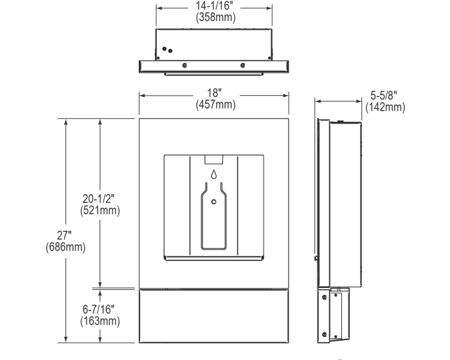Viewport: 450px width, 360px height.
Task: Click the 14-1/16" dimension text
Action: tap(214, 6)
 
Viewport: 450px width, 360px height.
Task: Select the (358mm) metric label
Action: tap(215, 17)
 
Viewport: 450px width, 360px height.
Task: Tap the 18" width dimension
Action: tap(214, 93)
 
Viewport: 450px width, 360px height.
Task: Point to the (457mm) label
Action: tap(215, 105)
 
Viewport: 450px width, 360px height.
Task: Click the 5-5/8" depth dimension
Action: tap(384, 96)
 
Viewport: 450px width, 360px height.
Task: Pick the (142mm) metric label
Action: tap(385, 107)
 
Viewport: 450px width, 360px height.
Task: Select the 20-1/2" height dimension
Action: tap(98, 199)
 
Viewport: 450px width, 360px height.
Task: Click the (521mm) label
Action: tap(100, 210)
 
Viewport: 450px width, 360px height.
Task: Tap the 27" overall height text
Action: tap(64, 236)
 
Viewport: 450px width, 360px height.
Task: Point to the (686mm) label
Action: tap(66, 247)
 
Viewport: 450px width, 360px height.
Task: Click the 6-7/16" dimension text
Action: tap(98, 309)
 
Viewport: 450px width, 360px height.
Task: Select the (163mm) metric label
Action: tap(100, 321)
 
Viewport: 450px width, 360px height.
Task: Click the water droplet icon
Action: tap(213, 174)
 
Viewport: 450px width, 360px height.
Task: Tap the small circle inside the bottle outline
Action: tap(214, 202)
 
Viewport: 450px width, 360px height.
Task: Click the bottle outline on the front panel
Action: tap(214, 216)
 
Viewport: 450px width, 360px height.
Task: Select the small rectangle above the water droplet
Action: tap(214, 159)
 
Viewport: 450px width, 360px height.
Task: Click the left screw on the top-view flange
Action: tap(184, 66)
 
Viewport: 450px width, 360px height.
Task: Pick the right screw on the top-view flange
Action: tap(243, 66)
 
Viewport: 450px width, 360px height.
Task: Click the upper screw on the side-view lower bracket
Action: tap(324, 298)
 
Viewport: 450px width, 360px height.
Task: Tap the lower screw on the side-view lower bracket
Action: tap(324, 334)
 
